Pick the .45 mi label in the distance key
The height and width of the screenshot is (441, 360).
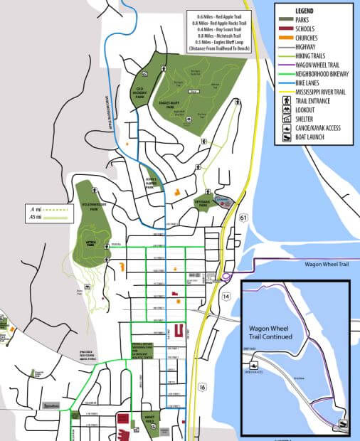tap(33, 218)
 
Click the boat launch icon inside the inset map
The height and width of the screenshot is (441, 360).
tap(343, 425)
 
